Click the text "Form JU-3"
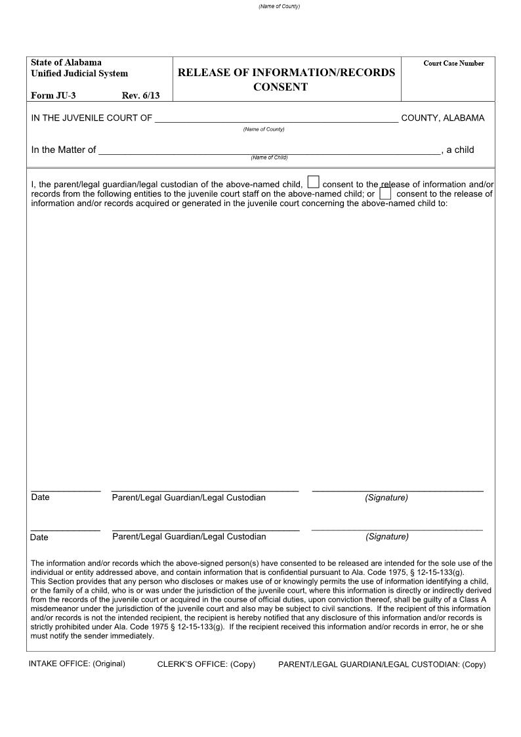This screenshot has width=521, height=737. pos(53,95)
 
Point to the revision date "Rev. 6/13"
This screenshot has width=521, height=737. pos(140,95)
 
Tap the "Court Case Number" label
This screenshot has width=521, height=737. pos(453,64)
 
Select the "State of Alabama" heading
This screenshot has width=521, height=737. pos(66,62)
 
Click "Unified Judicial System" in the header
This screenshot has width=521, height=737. pos(79,74)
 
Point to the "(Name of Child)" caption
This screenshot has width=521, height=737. pos(269,158)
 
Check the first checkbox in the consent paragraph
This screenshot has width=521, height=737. pos(314,182)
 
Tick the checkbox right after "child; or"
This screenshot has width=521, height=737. pos(385,194)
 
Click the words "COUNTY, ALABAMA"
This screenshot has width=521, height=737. pos(442,118)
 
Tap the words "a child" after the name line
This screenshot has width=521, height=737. pos(460,150)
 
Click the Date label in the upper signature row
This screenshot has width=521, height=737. pos(40,497)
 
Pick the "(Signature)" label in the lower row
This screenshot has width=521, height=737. pos(387,537)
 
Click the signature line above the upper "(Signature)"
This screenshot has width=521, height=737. pos(398,490)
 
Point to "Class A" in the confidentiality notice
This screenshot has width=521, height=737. pos(472,600)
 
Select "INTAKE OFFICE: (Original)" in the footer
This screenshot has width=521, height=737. pos(77,663)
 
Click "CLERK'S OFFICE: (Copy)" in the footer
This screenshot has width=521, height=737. pos(206,664)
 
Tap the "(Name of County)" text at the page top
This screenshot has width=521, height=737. pos(279,7)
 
